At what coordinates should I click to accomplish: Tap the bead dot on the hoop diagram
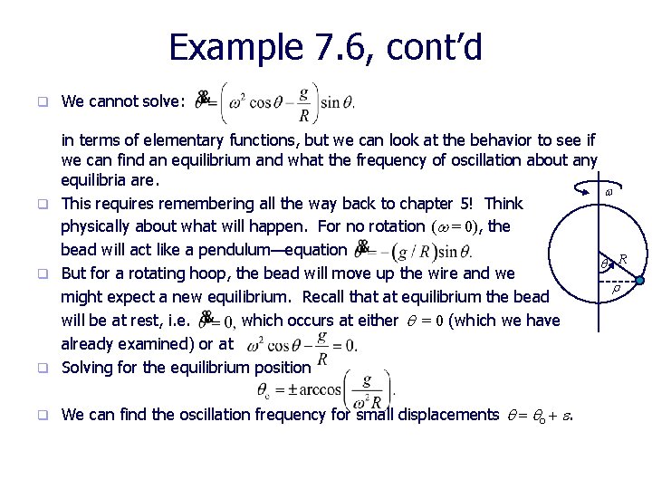pos(638,282)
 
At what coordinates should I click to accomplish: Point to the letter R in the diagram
pos(623,260)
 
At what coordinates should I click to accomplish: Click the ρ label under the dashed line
pos(616,289)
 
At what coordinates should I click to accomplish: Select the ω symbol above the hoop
pos(609,193)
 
